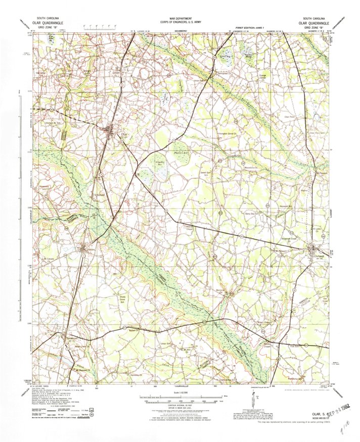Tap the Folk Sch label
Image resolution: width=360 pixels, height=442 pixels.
click(x=295, y=346)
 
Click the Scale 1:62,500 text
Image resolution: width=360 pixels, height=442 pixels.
click(x=180, y=392)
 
